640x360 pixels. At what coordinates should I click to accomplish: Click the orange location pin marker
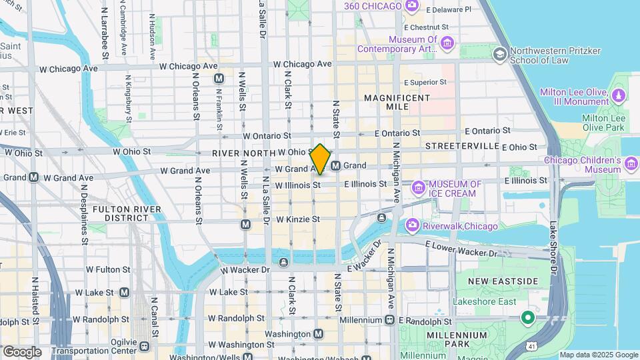tap(321, 159)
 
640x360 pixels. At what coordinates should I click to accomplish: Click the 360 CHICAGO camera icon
tap(412, 6)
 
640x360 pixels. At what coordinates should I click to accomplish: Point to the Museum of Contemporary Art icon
tap(447, 44)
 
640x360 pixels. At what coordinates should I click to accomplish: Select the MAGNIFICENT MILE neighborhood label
tap(397, 103)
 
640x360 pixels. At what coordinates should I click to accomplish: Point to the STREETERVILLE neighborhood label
tap(462, 145)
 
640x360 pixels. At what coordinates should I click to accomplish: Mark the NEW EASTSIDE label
tap(502, 281)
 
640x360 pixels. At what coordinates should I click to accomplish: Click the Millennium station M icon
tap(389, 321)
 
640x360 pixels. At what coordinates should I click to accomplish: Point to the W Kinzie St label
tap(298, 219)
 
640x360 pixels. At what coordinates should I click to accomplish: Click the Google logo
tap(22, 351)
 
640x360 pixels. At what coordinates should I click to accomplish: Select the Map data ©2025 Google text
tap(598, 355)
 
